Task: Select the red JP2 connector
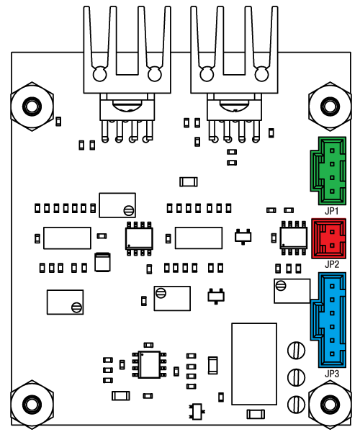pyautogui.click(x=329, y=238)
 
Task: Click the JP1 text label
pyautogui.click(x=332, y=211)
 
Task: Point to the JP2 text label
pyautogui.click(x=332, y=264)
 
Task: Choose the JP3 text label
pyautogui.click(x=332, y=374)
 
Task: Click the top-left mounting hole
pyautogui.click(x=32, y=107)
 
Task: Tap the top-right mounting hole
pyautogui.click(x=330, y=106)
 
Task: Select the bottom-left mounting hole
pyautogui.click(x=32, y=405)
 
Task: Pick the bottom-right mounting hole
pyautogui.click(x=330, y=404)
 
